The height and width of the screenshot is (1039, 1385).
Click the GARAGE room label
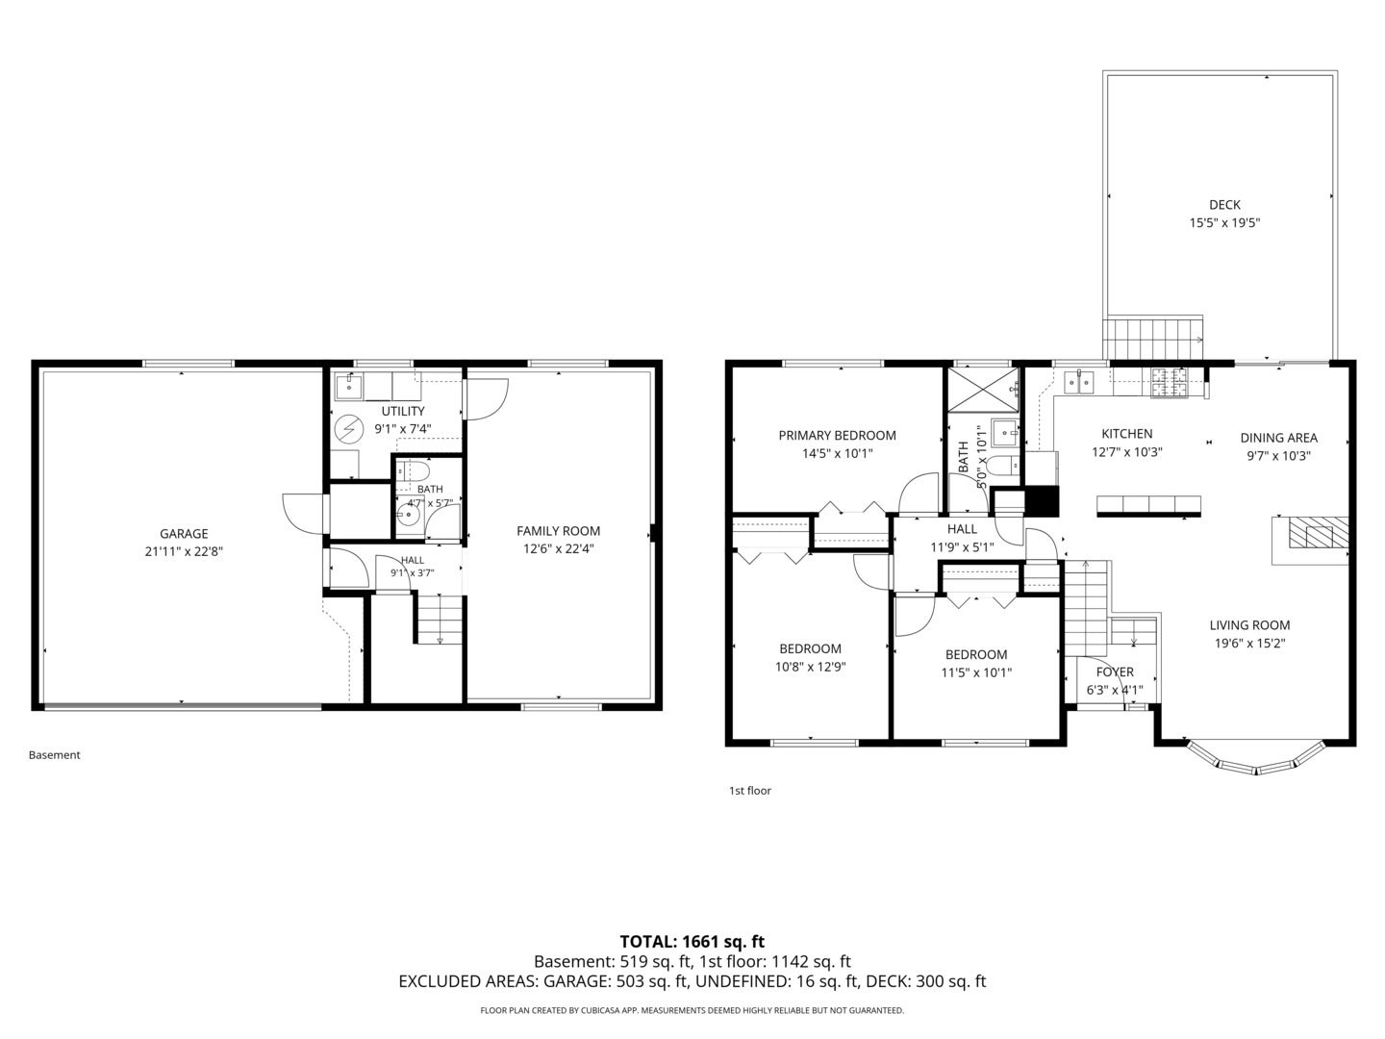tap(184, 534)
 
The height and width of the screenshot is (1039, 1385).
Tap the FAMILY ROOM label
tap(559, 531)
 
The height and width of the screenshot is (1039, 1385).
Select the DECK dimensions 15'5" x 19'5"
tap(1224, 222)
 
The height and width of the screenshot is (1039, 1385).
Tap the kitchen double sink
tap(1079, 382)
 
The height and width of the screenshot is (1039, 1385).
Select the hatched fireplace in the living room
tap(1318, 532)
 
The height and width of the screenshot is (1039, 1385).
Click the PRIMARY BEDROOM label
tap(837, 435)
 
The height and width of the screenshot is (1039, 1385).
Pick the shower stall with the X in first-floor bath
tap(983, 390)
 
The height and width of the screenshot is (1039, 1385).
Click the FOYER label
tap(1115, 672)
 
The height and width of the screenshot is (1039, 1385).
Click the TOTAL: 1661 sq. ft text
tap(692, 942)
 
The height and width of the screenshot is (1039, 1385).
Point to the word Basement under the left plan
tap(54, 755)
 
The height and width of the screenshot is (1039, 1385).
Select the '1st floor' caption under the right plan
tap(750, 791)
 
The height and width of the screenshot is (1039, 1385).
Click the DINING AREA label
tap(1279, 438)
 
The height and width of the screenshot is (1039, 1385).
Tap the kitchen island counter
tap(1148, 505)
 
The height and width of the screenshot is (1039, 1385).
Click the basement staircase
tap(440, 619)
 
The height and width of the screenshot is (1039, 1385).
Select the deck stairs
tap(1153, 339)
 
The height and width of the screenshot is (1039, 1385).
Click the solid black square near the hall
tap(1041, 501)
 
